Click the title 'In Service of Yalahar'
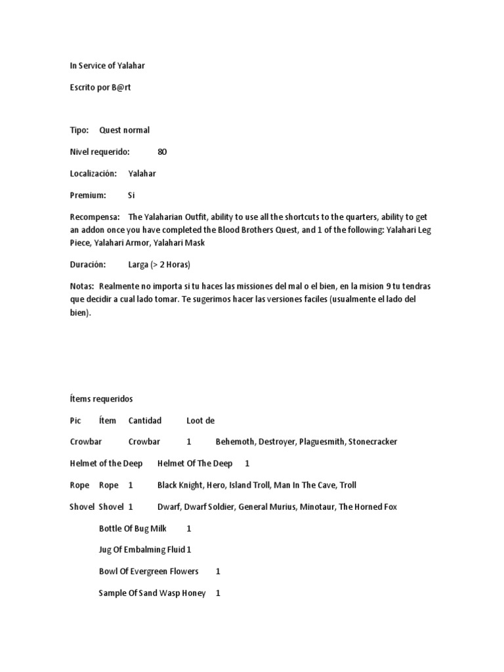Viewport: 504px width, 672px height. click(x=108, y=66)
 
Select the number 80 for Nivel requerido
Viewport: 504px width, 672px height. click(x=162, y=152)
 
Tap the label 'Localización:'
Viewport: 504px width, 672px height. click(x=93, y=173)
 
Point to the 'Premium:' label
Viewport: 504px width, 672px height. click(x=88, y=195)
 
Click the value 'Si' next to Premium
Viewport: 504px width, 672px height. click(x=131, y=195)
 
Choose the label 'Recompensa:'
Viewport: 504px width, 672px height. click(x=94, y=217)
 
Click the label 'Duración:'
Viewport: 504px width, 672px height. click(x=87, y=264)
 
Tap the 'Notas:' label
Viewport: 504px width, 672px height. click(x=82, y=286)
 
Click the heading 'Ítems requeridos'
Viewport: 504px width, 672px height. click(x=101, y=398)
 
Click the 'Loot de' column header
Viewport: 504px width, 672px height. click(x=200, y=420)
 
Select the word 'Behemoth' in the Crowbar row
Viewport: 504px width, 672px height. click(x=235, y=442)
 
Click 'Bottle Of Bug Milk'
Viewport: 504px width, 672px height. click(x=133, y=528)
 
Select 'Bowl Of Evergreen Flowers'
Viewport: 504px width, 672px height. click(x=149, y=571)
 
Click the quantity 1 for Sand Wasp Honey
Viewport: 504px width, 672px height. click(x=218, y=593)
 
